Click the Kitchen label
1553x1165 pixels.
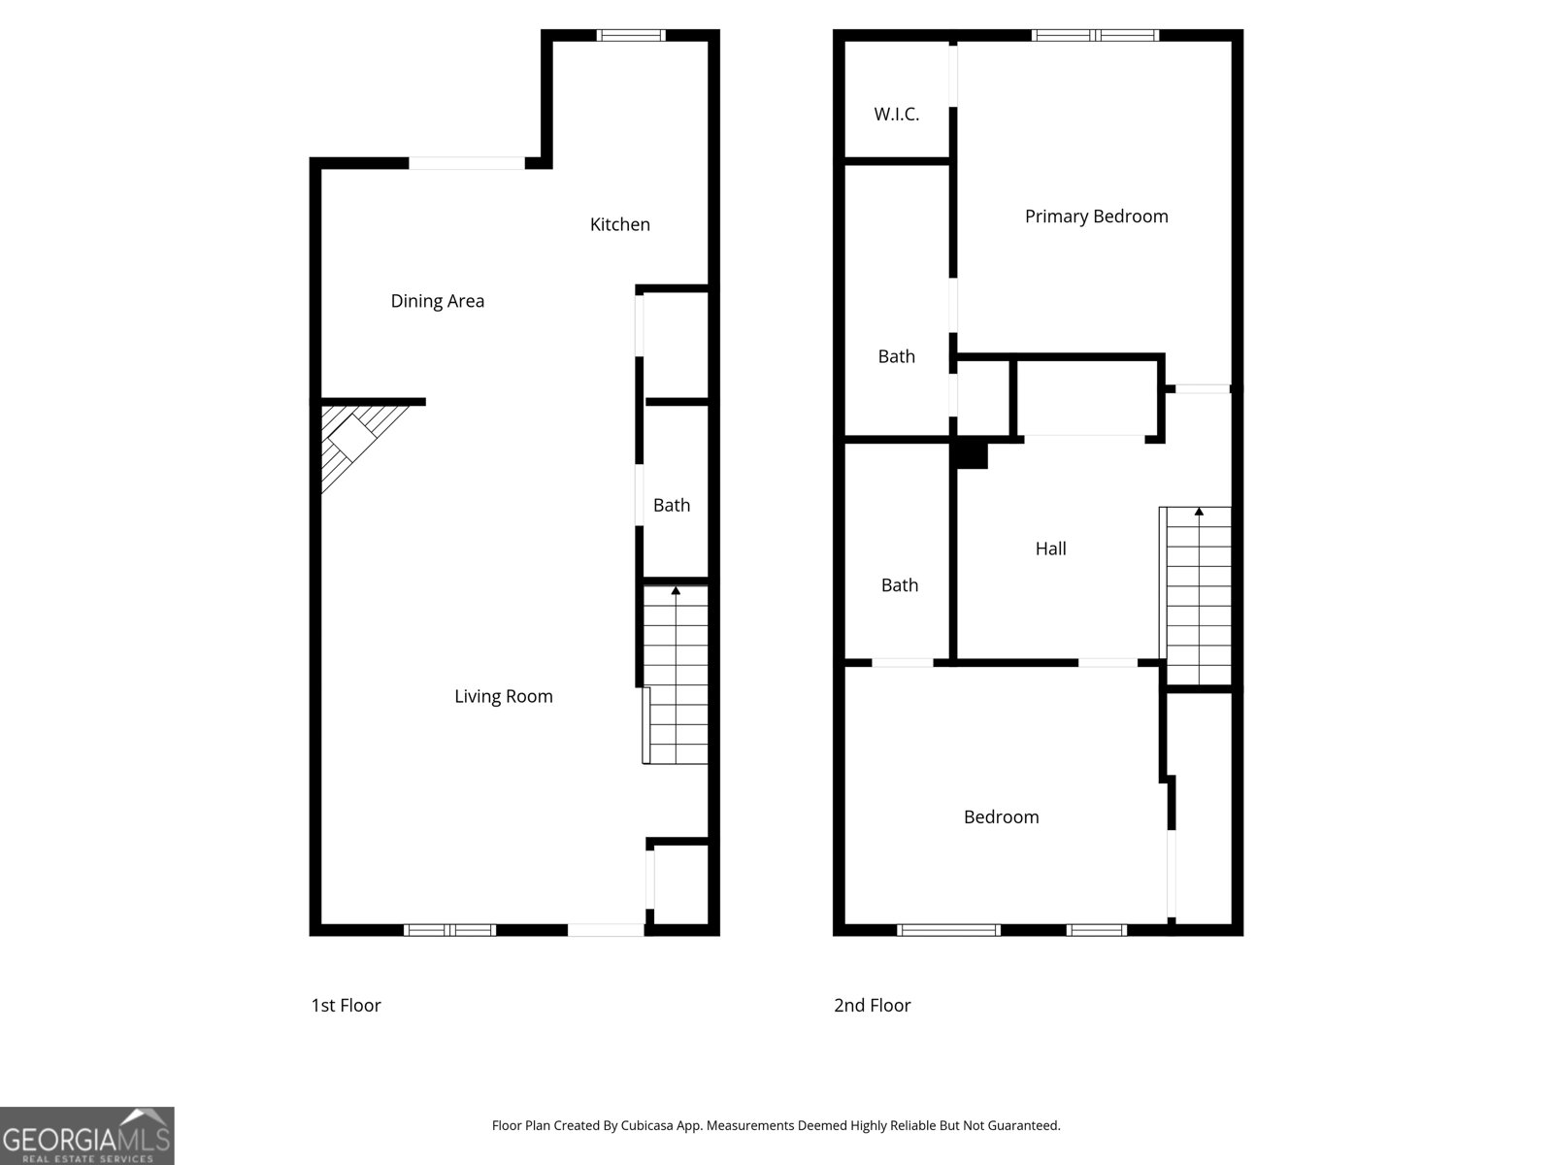click(619, 224)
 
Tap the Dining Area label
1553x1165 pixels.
click(437, 301)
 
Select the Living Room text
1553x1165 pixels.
click(503, 696)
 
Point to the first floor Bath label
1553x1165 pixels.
click(671, 505)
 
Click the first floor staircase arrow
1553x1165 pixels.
click(676, 590)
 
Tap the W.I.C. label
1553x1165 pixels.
click(896, 115)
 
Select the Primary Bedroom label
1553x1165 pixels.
click(1096, 216)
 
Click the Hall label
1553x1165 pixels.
click(1050, 549)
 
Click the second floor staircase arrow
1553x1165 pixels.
click(1199, 512)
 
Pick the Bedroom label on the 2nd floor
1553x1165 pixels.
click(1001, 817)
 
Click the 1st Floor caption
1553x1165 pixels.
click(346, 1006)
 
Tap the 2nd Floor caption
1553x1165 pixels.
click(872, 1006)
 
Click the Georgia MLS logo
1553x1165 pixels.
click(87, 1136)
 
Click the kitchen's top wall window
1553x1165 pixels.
click(631, 36)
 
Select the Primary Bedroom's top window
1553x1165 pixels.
click(1095, 36)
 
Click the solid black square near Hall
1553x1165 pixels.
click(972, 454)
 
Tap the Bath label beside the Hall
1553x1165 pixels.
click(899, 585)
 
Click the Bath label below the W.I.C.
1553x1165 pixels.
click(896, 356)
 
